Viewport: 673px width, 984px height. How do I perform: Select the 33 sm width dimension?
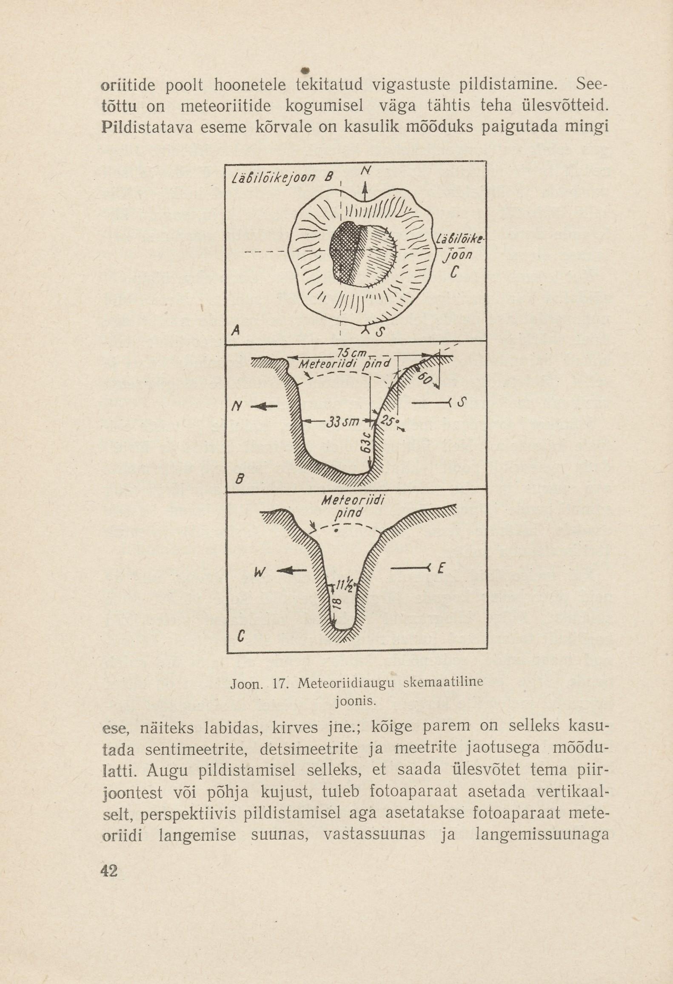[x=343, y=422]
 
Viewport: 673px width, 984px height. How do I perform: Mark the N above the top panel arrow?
[x=365, y=171]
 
